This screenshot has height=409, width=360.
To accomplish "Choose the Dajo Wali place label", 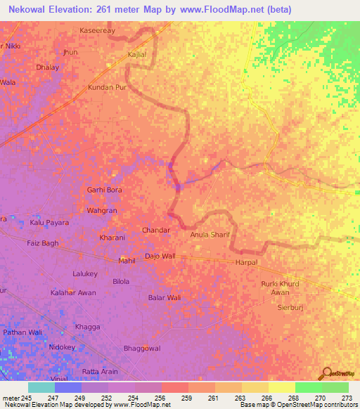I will tap(160, 257).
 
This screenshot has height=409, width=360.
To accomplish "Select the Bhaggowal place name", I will tap(142, 348).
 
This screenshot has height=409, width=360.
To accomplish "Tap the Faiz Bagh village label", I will tap(43, 242).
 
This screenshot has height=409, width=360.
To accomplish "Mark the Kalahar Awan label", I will tap(73, 292).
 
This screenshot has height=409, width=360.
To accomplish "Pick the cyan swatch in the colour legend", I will tap(41, 387).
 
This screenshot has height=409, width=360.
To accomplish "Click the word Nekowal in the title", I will tap(30, 9).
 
